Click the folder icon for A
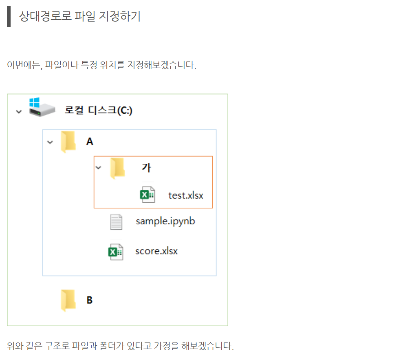coord(68,142)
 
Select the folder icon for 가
coord(118,168)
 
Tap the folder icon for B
coord(68,300)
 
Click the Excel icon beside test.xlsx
coord(147,195)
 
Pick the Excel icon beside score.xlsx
coord(115,252)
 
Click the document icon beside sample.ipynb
coord(116,222)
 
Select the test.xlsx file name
coord(186,195)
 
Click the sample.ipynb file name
coord(165,221)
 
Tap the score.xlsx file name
coord(156,251)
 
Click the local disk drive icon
coord(41,107)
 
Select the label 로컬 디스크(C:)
coord(99,110)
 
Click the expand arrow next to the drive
coord(19,111)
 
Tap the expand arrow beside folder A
coord(50,142)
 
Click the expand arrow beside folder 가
coord(98,167)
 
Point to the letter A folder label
coord(90,142)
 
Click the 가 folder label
coord(146,167)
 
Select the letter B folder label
coord(90,300)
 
